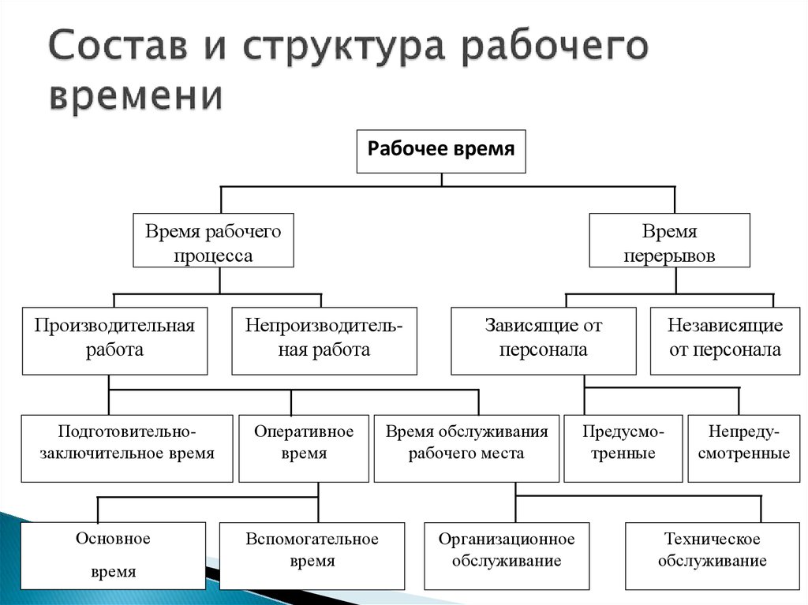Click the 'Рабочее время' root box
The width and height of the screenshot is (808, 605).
tap(441, 151)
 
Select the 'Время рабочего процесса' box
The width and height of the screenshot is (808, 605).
tap(213, 240)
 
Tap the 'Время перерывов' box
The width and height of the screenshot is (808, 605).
tap(669, 240)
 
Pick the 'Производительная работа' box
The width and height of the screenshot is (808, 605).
tap(115, 341)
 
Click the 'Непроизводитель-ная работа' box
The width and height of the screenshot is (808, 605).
tap(324, 341)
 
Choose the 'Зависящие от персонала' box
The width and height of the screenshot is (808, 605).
tap(544, 341)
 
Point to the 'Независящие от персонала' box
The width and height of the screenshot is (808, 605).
tap(725, 341)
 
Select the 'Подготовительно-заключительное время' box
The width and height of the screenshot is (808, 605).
tap(127, 448)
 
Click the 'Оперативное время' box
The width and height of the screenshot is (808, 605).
tap(304, 448)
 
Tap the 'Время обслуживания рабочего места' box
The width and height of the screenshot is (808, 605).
tap(466, 448)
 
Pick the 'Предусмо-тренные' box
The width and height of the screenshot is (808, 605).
tap(623, 448)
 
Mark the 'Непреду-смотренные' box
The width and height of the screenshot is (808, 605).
tap(744, 448)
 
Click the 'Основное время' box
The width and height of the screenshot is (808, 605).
tap(114, 555)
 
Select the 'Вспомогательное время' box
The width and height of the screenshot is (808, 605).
tap(312, 555)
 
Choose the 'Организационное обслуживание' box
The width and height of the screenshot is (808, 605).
tap(507, 555)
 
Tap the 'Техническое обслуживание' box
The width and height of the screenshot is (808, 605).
tap(713, 555)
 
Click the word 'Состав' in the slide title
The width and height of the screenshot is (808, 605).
tap(118, 45)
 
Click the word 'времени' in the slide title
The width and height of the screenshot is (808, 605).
tap(137, 95)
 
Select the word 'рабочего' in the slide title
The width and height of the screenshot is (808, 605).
tap(555, 48)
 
